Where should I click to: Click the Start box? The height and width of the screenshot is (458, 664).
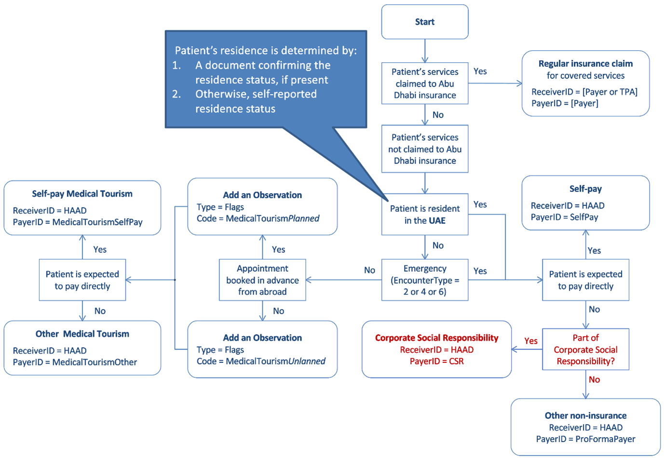[x=424, y=22]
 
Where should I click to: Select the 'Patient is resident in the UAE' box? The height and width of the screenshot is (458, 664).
[x=424, y=214]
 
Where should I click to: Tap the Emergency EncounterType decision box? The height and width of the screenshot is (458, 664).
[x=424, y=280]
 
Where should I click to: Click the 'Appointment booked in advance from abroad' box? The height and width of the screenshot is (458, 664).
[x=262, y=280]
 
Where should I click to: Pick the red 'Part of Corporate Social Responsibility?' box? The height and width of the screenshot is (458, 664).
[x=585, y=349]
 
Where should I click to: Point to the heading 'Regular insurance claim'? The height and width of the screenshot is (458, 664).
[x=585, y=64]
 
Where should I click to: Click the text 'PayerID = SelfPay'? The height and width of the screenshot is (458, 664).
[x=564, y=217]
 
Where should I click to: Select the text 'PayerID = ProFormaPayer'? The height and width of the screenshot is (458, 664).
[x=585, y=439]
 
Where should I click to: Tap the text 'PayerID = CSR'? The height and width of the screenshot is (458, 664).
[x=436, y=361]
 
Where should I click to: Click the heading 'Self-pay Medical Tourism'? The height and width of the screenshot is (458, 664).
[x=82, y=194]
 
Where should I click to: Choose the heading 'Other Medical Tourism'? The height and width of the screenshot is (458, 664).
[x=82, y=334]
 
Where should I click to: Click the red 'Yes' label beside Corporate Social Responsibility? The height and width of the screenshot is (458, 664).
[x=530, y=341]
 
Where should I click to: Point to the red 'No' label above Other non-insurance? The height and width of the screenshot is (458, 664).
[x=594, y=380]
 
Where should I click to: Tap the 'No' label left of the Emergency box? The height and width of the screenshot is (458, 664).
[x=369, y=270]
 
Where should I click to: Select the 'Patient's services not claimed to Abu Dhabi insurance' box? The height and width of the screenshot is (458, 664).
[x=424, y=149]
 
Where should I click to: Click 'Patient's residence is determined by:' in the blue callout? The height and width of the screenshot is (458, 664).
[x=266, y=51]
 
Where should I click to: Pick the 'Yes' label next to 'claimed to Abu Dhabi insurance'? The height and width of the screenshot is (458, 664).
[x=480, y=71]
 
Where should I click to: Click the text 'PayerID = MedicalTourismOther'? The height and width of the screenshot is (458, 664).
[x=75, y=362]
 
